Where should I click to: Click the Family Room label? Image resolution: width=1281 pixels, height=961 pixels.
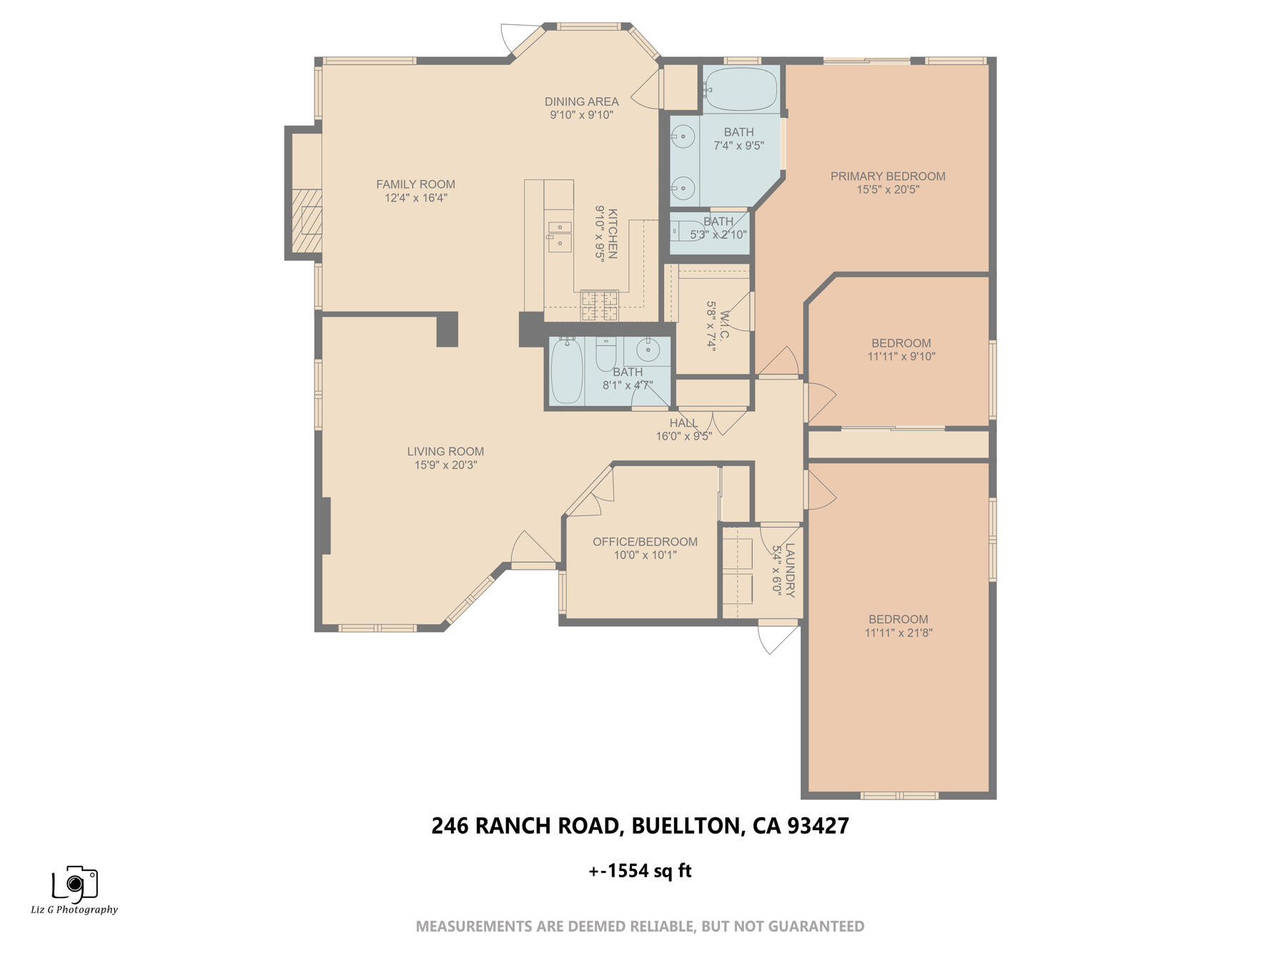tap(415, 184)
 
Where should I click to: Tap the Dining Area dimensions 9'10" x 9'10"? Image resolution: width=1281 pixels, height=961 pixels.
tap(581, 115)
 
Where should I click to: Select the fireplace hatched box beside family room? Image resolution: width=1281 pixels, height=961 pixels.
tap(307, 221)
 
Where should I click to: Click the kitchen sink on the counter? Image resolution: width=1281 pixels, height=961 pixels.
tap(560, 236)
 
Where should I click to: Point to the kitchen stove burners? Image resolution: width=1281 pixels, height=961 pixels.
tap(599, 305)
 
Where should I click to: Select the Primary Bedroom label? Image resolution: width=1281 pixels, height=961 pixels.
tap(887, 176)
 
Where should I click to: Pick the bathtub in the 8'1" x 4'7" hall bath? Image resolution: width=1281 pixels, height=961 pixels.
tap(567, 371)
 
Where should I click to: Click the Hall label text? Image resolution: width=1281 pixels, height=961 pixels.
tap(683, 423)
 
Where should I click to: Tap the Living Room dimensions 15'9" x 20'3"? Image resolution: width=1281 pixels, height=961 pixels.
tap(445, 465)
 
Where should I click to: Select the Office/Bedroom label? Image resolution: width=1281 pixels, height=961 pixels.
tap(645, 542)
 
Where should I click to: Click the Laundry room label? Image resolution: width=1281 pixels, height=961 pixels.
tap(789, 570)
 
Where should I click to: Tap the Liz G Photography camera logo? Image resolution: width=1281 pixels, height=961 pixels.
tap(74, 884)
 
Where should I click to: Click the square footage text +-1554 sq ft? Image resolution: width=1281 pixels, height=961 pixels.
tap(640, 871)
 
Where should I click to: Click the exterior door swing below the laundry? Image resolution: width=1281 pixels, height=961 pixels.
tap(776, 639)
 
